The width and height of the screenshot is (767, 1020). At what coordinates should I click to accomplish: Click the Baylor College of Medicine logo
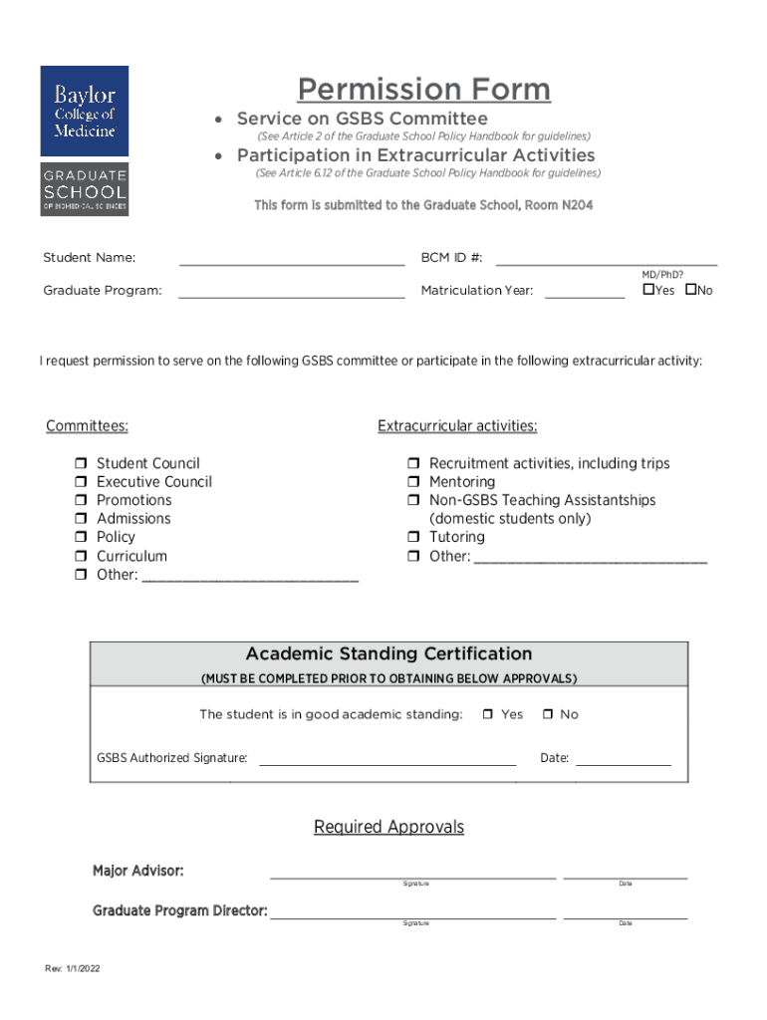85,140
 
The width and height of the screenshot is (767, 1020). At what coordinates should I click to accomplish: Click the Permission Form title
423,90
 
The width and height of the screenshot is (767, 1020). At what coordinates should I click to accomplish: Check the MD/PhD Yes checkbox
647,290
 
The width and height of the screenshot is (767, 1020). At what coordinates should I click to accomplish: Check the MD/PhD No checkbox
689,290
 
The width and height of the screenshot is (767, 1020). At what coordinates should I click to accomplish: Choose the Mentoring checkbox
413,483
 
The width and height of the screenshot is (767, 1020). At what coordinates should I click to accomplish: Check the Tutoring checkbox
413,538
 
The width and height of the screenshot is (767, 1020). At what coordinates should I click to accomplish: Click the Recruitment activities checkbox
413,464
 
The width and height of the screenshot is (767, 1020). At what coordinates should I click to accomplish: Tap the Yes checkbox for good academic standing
488,715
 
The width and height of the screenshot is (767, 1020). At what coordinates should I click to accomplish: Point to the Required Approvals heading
388,828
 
